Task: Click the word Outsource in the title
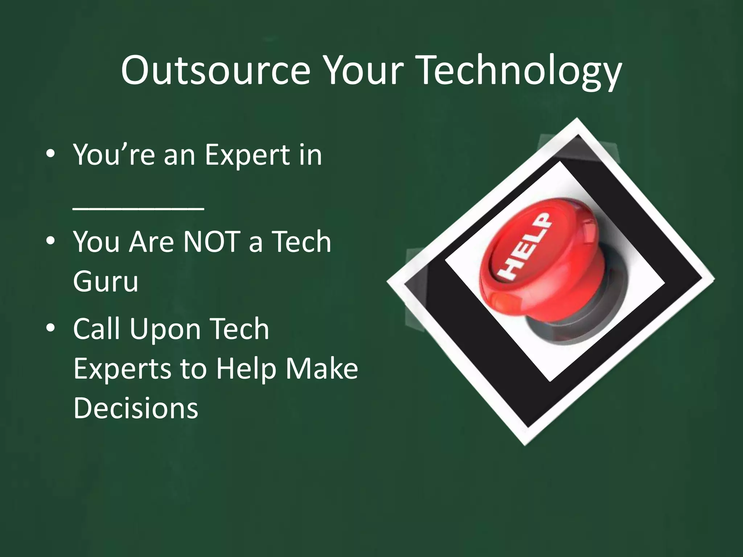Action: pyautogui.click(x=215, y=71)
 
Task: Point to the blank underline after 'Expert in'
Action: pyautogui.click(x=138, y=208)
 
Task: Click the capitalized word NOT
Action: pyautogui.click(x=212, y=242)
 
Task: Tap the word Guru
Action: pyautogui.click(x=106, y=281)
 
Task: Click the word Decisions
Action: pyautogui.click(x=136, y=408)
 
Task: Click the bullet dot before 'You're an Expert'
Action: pyautogui.click(x=50, y=154)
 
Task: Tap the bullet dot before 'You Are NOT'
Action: pyautogui.click(x=50, y=241)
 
